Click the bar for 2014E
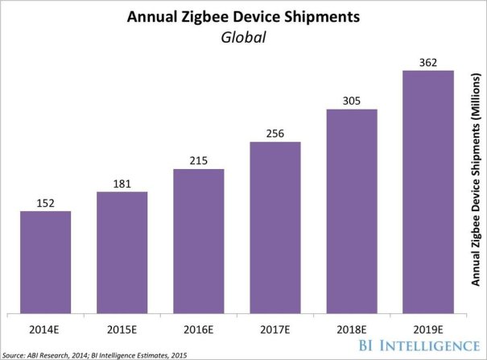[x=45, y=262]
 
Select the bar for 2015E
[x=122, y=252]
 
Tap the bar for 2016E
[x=198, y=241]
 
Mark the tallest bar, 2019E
[x=427, y=192]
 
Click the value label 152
[x=45, y=204]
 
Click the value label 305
[x=351, y=101]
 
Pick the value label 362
[x=427, y=63]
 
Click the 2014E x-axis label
[x=45, y=329]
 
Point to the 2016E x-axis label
[x=198, y=329]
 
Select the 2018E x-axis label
[x=351, y=329]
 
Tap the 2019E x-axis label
[x=427, y=329]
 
